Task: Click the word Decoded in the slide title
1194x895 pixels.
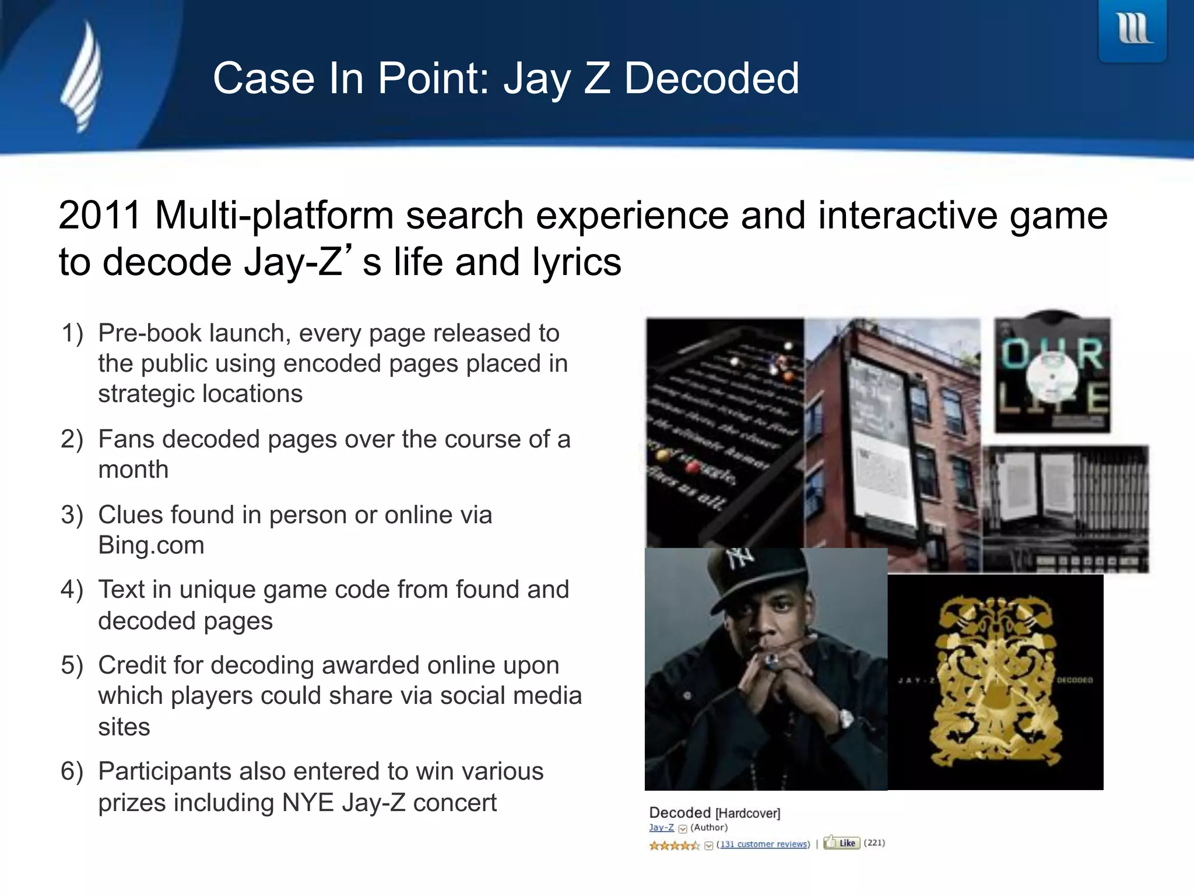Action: (x=711, y=79)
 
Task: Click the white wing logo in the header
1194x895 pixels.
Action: (x=83, y=77)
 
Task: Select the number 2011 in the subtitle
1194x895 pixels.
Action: (x=100, y=216)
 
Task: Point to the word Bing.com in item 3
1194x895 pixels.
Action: (x=151, y=545)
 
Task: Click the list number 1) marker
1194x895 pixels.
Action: (x=73, y=333)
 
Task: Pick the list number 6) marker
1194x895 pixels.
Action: (x=72, y=771)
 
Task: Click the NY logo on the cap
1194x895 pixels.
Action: (x=740, y=559)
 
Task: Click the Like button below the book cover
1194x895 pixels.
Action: (x=842, y=843)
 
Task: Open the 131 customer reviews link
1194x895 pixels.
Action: (x=763, y=844)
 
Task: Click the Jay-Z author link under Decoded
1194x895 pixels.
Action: (x=661, y=827)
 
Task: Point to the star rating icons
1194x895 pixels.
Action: (x=674, y=845)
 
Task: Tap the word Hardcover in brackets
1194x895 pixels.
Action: (x=747, y=813)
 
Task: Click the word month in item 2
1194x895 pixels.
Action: (x=134, y=470)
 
